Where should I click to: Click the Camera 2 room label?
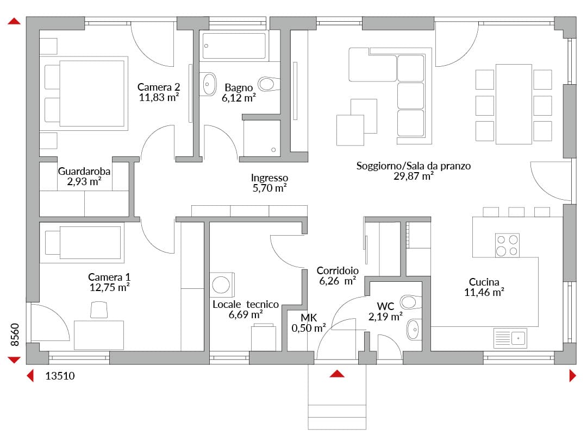pos(159,87)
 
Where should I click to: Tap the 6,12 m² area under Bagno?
pos(239,98)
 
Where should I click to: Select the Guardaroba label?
pos(84,171)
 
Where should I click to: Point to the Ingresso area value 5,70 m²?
pos(270,188)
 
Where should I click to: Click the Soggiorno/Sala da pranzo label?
pos(413,166)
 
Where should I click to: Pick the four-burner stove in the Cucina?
pos(507,245)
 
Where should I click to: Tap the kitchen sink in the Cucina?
pos(510,338)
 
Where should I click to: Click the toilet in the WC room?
pos(410,302)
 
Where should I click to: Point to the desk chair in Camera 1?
pos(99,310)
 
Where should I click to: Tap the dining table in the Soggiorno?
pos(514,104)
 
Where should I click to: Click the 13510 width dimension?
pos(60,376)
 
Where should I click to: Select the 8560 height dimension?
pos(15,334)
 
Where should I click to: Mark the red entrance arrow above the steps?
pos(337,374)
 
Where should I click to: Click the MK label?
pos(309,318)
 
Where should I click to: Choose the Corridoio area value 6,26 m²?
pos(338,281)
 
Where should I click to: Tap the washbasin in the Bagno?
pos(209,84)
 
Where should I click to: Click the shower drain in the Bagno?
pos(273,150)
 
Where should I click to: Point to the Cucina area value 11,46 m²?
pos(484,292)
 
